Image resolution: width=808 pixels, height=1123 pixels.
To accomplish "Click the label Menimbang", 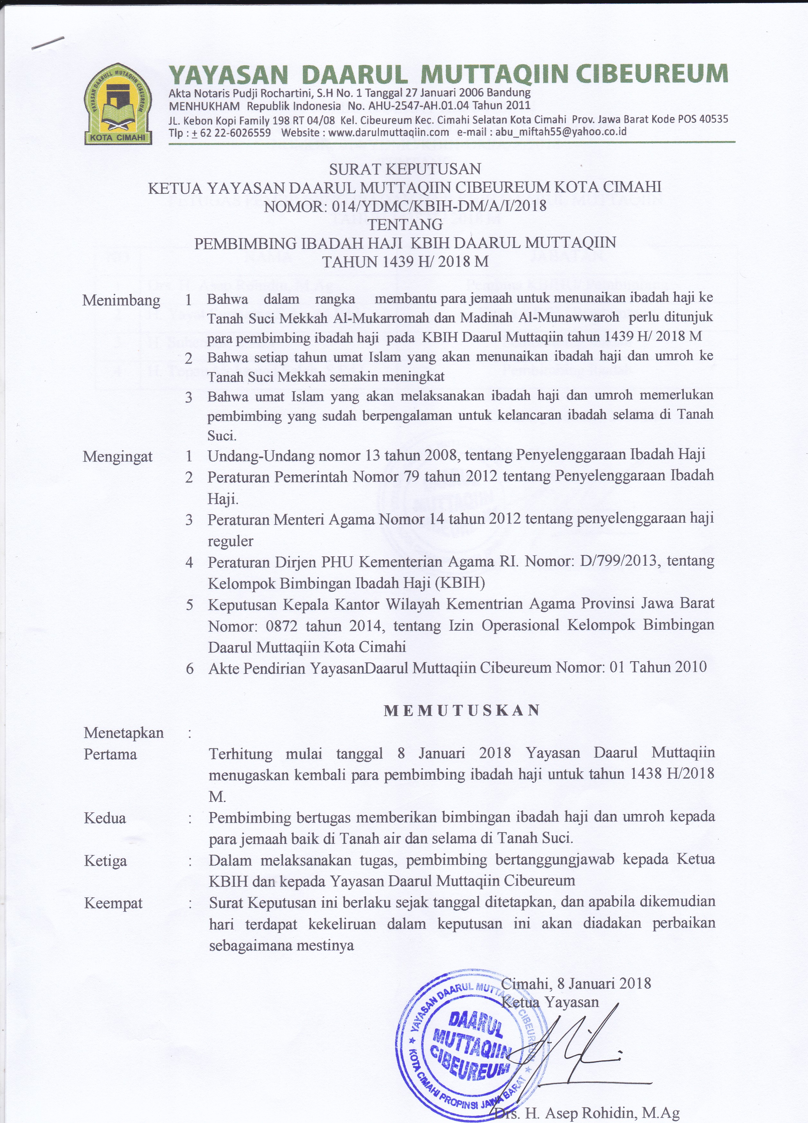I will point(121,300).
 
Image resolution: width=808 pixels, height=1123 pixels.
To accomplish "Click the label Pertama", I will point(110,754).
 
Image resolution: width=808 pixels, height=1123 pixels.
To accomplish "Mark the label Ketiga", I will point(106,861).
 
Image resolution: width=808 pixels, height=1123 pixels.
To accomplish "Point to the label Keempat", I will point(113,903).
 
